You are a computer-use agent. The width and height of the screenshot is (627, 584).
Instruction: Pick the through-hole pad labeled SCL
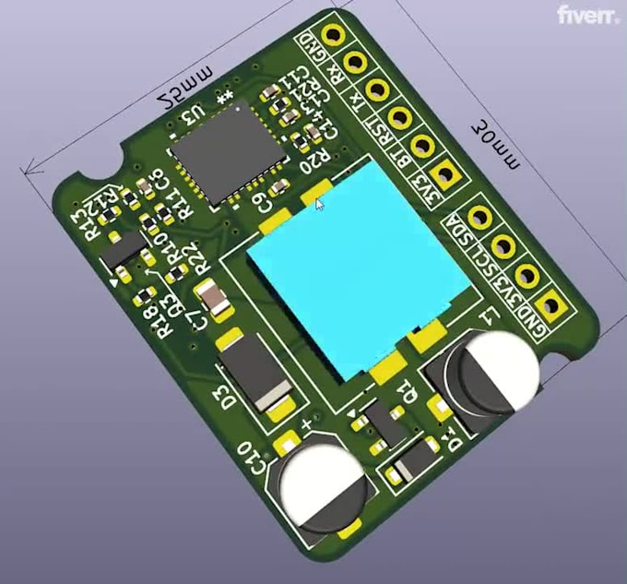(x=503, y=246)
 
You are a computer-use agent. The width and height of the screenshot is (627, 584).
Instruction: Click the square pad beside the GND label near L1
(x=550, y=304)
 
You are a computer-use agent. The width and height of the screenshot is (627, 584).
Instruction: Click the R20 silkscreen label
(x=314, y=161)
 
